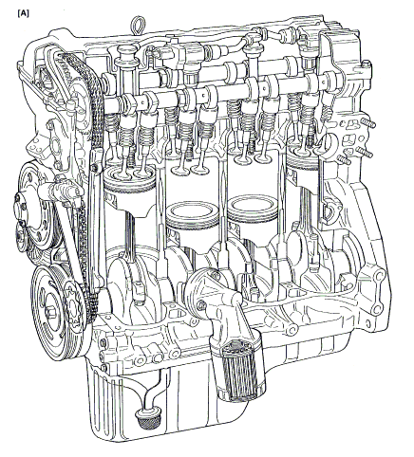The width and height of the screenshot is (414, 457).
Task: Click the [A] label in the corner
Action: coord(24,13)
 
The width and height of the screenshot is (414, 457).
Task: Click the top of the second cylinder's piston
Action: coord(193,211)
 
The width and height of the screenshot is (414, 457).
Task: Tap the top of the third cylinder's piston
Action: coord(254,205)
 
